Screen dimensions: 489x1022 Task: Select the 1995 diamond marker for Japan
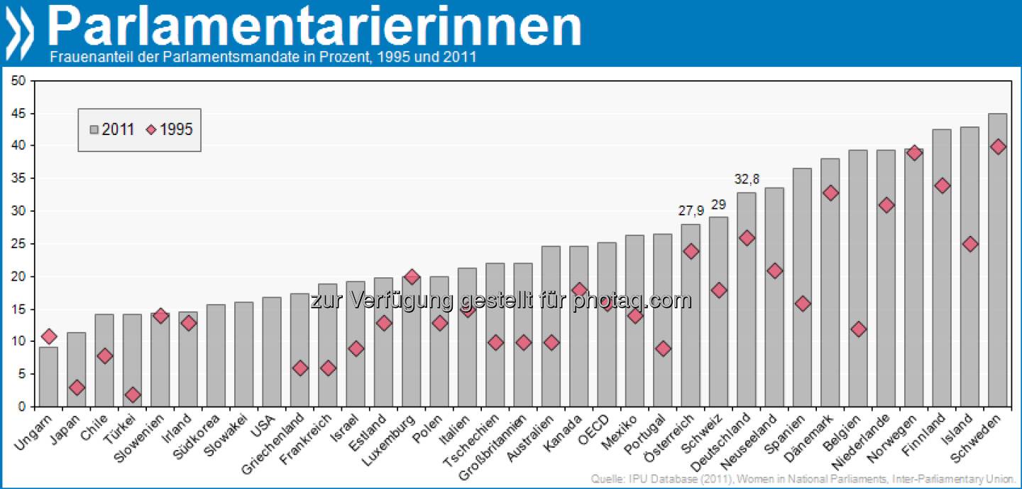tap(77, 387)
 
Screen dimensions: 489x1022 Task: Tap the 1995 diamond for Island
tap(969, 244)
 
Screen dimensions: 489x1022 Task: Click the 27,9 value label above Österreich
tap(690, 212)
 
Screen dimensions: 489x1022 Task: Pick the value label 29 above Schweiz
tap(718, 205)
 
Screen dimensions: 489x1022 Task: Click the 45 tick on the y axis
tap(18, 114)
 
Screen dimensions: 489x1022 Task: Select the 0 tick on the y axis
tap(22, 407)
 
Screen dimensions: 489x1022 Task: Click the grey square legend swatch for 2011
tap(94, 129)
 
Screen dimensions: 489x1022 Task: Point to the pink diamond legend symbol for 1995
tap(151, 129)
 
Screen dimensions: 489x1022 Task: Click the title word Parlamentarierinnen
tap(314, 27)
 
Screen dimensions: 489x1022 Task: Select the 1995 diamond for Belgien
tap(858, 329)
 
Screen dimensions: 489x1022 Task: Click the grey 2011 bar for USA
tap(272, 352)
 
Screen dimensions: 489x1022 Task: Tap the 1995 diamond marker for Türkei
tap(133, 394)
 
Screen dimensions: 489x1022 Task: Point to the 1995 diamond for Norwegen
tap(914, 153)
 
